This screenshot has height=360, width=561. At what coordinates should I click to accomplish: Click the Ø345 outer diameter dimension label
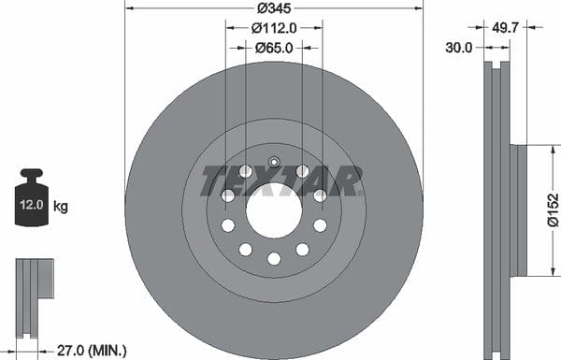pos(274,8)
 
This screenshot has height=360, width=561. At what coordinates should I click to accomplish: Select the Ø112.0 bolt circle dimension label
pos(274,28)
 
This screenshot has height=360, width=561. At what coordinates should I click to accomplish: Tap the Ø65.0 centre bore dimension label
pos(274,48)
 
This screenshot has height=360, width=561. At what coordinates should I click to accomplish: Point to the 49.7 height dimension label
pos(505,27)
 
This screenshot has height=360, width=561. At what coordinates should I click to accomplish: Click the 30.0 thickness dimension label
pos(459,48)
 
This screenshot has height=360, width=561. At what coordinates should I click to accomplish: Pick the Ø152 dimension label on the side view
pos(554,210)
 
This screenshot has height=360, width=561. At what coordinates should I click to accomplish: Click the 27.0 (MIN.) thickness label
pos(92,351)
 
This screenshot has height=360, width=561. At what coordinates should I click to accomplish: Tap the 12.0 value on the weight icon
pos(32,205)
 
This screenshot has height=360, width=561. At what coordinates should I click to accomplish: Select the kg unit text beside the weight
pos(61,207)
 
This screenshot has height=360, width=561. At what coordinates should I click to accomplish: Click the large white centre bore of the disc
pos(274,210)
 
